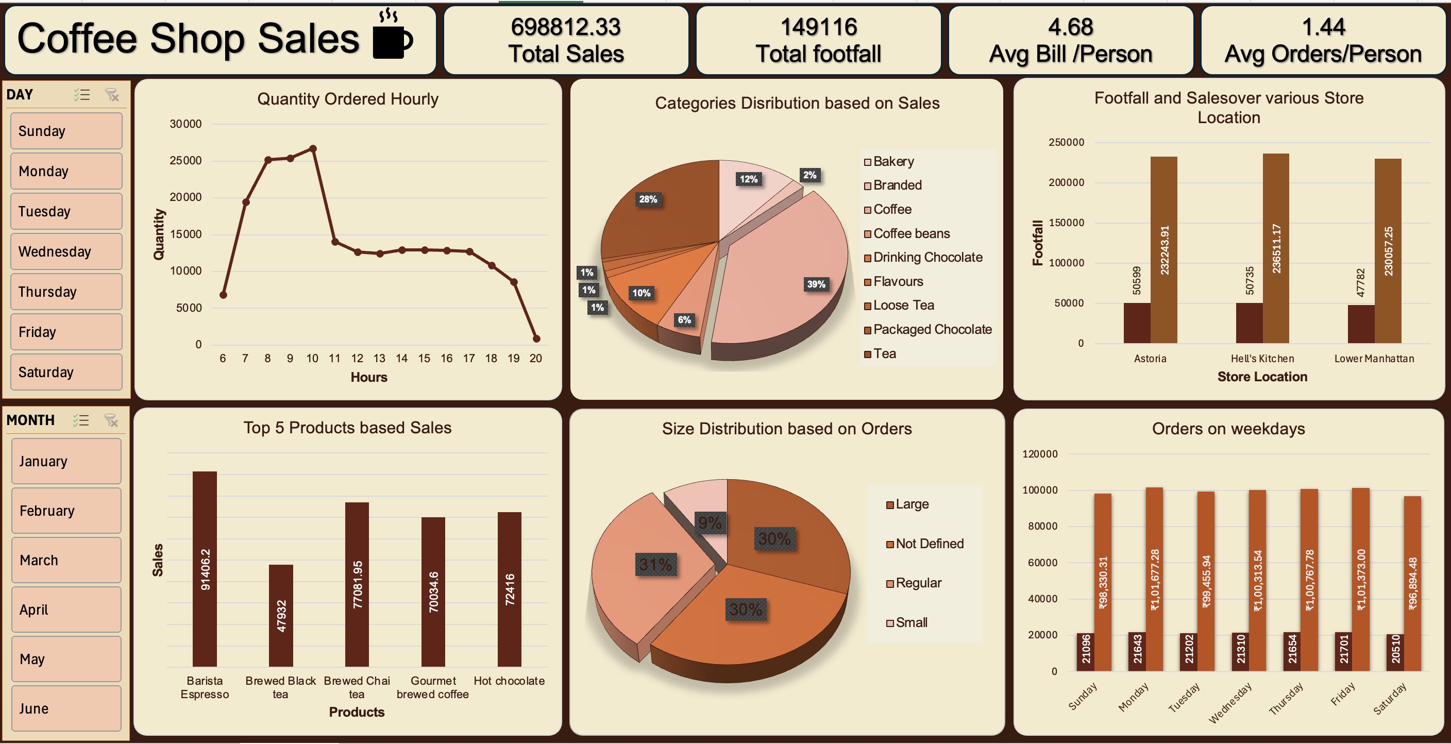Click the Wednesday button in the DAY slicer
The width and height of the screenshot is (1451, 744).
click(x=66, y=251)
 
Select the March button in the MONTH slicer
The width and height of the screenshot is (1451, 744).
click(x=66, y=560)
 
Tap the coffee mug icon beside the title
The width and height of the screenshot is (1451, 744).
click(x=392, y=38)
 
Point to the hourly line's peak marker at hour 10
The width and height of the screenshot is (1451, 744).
click(x=313, y=149)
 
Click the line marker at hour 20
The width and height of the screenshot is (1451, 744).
click(x=536, y=339)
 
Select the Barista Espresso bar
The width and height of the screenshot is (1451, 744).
click(x=205, y=569)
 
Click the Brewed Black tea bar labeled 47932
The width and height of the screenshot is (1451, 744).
click(x=280, y=615)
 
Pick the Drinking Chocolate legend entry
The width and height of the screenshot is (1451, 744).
click(x=926, y=258)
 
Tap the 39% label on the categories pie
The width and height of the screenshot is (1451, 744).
click(x=816, y=284)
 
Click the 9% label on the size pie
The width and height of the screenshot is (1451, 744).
click(x=709, y=522)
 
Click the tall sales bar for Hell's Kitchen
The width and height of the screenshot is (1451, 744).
click(x=1275, y=248)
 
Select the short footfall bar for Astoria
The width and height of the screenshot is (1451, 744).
click(x=1137, y=323)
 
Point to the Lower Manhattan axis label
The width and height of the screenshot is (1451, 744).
click(x=1373, y=359)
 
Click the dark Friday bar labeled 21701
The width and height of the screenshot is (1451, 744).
click(x=1343, y=651)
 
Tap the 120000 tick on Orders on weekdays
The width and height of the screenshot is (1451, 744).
click(x=1040, y=454)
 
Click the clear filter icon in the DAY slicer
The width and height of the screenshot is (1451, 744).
click(x=112, y=95)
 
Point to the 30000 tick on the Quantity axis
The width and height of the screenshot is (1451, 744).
click(x=185, y=124)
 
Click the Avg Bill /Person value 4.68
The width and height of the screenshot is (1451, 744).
click(x=1070, y=27)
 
